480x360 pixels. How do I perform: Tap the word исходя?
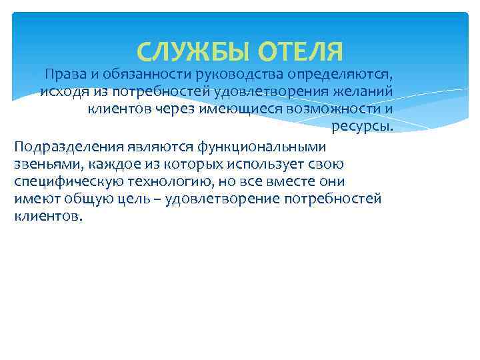click(x=62, y=91)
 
